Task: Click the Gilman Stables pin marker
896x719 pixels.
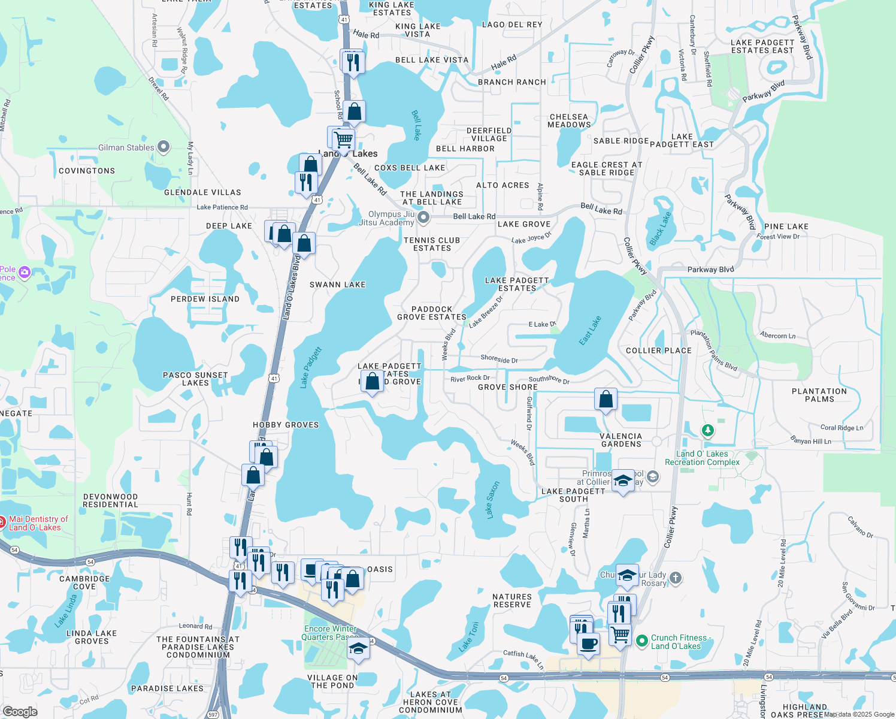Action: point(163,147)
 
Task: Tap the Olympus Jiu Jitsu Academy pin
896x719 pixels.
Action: point(423,217)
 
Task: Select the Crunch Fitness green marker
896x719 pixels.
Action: point(642,641)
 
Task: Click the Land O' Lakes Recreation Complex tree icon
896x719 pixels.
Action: point(708,430)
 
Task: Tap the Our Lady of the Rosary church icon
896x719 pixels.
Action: point(676,578)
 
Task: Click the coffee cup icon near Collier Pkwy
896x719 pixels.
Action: point(588,644)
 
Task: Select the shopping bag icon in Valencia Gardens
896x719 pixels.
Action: point(606,399)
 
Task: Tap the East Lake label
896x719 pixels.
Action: point(590,331)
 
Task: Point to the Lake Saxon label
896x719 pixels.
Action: point(492,500)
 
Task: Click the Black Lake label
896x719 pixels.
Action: point(661,228)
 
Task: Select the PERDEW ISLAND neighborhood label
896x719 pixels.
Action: point(205,299)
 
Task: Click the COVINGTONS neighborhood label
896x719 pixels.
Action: point(87,171)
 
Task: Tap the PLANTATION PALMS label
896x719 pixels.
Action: point(819,395)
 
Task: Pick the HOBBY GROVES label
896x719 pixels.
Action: point(286,425)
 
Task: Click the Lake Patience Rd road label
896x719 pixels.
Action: point(222,207)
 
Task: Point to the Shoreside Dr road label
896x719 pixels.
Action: point(499,359)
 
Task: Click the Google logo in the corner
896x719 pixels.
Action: point(20,712)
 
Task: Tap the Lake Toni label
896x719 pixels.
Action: point(469,637)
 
